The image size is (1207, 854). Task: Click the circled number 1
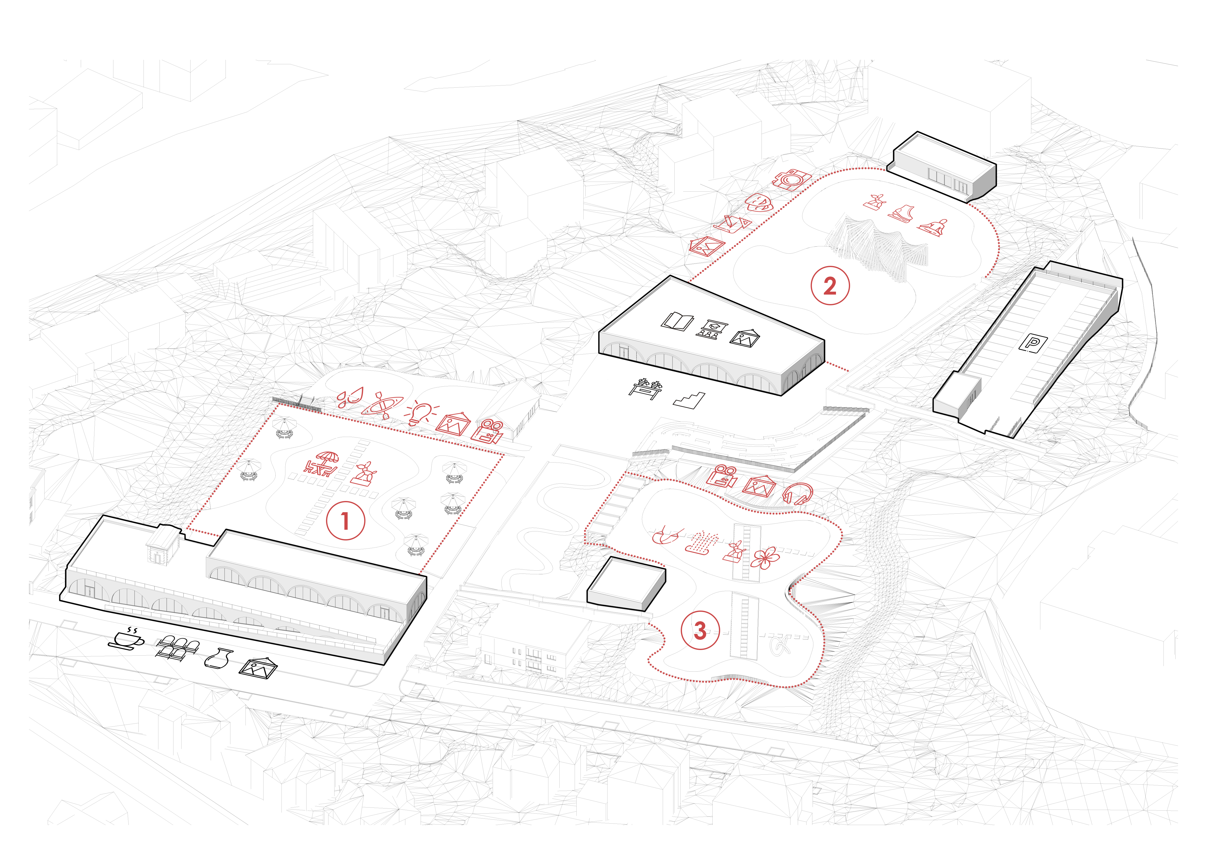tap(345, 520)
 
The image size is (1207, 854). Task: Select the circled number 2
tap(830, 286)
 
